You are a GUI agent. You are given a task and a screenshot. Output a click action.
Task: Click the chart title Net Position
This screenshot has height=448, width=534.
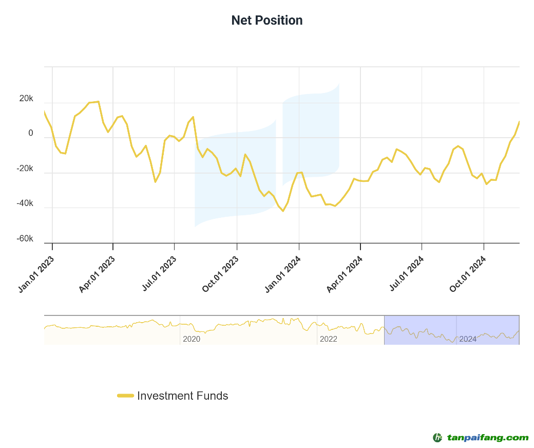point(267,21)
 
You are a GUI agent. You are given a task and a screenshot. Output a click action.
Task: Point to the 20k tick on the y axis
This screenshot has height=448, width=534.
point(26,98)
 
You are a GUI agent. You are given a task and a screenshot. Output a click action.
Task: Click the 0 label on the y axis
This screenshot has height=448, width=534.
point(31,133)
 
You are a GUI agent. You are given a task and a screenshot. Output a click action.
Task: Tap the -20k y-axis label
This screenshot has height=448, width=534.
point(25,169)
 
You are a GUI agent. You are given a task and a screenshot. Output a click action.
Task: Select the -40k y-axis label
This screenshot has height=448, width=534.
point(25,203)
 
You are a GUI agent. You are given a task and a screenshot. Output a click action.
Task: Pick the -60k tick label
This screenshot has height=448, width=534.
point(25,239)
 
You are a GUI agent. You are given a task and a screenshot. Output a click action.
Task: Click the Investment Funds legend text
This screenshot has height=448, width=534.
point(182,396)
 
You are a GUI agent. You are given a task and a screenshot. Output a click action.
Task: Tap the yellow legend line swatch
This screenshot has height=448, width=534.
point(125,396)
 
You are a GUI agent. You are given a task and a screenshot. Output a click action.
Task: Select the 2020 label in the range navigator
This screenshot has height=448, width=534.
point(192,339)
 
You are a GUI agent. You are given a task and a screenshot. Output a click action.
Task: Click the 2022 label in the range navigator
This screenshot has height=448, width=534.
point(329,339)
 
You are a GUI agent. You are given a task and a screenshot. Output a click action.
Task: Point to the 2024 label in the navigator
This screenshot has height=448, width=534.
point(468,339)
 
